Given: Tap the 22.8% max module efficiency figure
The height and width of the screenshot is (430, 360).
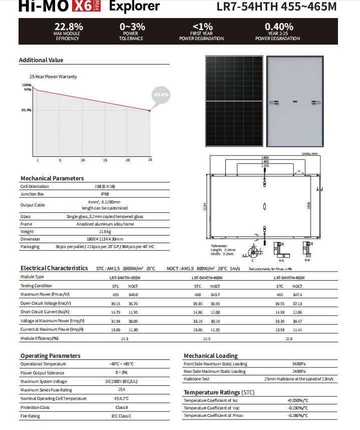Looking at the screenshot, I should pyautogui.click(x=69, y=27).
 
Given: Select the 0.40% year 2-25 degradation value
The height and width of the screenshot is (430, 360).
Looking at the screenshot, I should pyautogui.click(x=279, y=27).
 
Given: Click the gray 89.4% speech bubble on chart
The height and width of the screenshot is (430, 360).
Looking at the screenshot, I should pyautogui.click(x=161, y=94).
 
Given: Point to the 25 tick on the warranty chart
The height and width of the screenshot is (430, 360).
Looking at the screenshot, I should pyautogui.click(x=150, y=160).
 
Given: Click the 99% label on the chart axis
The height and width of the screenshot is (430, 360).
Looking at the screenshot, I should pyautogui.click(x=27, y=90).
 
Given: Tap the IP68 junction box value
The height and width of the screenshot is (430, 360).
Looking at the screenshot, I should pyautogui.click(x=105, y=194).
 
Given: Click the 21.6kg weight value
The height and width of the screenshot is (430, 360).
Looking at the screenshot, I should pyautogui.click(x=105, y=232).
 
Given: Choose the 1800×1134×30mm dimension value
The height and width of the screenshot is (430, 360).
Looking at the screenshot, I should pyautogui.click(x=105, y=239).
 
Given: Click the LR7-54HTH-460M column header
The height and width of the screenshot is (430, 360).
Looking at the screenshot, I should pyautogui.click(x=206, y=277).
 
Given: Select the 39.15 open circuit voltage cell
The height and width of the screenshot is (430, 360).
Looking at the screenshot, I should pyautogui.click(x=116, y=303).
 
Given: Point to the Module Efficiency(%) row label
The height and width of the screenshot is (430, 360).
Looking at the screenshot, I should pyautogui.click(x=40, y=338).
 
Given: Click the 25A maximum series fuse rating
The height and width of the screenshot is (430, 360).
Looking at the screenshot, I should pyautogui.click(x=121, y=389).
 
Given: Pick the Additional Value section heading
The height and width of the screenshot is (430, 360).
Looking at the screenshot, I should pyautogui.click(x=41, y=60).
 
